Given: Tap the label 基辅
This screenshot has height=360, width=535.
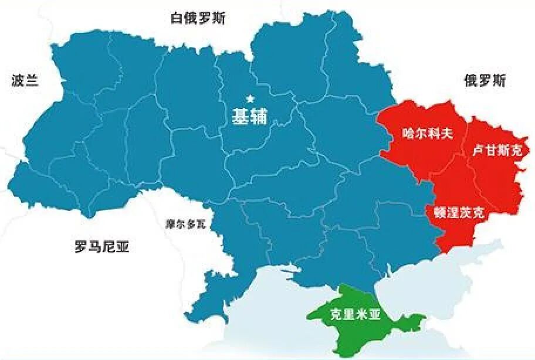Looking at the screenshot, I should [250, 117].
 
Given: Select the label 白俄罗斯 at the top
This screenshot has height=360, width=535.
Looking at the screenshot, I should [198, 18].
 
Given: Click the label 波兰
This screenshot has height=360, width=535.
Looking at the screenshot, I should [25, 81].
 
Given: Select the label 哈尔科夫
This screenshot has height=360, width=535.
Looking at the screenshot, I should [428, 134].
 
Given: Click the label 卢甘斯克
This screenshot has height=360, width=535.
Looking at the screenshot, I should [497, 151].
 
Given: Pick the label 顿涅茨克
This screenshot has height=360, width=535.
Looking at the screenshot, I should [459, 212].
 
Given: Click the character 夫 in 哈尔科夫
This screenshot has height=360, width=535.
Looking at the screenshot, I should [448, 134].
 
